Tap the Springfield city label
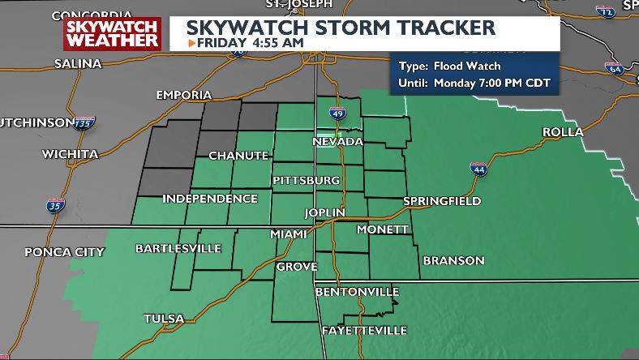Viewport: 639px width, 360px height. click(x=442, y=201)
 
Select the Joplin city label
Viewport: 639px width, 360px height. click(x=324, y=212)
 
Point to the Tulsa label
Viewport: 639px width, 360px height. click(x=164, y=319)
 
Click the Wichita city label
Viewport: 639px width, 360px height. click(x=71, y=154)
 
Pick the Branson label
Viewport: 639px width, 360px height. click(x=452, y=260)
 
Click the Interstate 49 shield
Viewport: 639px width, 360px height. click(x=337, y=115)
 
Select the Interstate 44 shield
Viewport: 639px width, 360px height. click(x=478, y=169)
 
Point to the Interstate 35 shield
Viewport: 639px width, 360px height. click(x=55, y=205)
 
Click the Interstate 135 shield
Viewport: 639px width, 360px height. click(x=85, y=123)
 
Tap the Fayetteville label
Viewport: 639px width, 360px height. click(x=364, y=331)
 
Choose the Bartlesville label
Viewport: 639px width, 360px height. click(x=178, y=248)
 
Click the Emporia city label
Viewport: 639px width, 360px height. click(x=184, y=95)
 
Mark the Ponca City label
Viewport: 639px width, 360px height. click(x=64, y=251)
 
